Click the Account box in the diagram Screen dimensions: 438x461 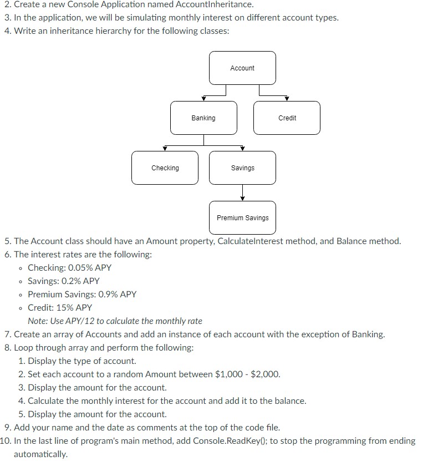[x=242, y=68]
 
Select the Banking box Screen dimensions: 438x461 [x=203, y=118]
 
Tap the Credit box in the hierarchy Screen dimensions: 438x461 [x=287, y=118]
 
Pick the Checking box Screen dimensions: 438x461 [x=165, y=168]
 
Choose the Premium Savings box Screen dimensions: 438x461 [x=242, y=217]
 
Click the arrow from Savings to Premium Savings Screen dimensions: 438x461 [x=242, y=193]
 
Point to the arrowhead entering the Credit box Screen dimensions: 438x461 [x=287, y=99]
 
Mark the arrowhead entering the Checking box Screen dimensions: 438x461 [x=165, y=149]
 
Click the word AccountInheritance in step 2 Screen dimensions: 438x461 [x=214, y=4]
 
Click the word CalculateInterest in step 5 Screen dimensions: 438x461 [x=250, y=241]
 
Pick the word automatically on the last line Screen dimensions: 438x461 [x=40, y=454]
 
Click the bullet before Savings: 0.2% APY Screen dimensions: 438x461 [x=21, y=282]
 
